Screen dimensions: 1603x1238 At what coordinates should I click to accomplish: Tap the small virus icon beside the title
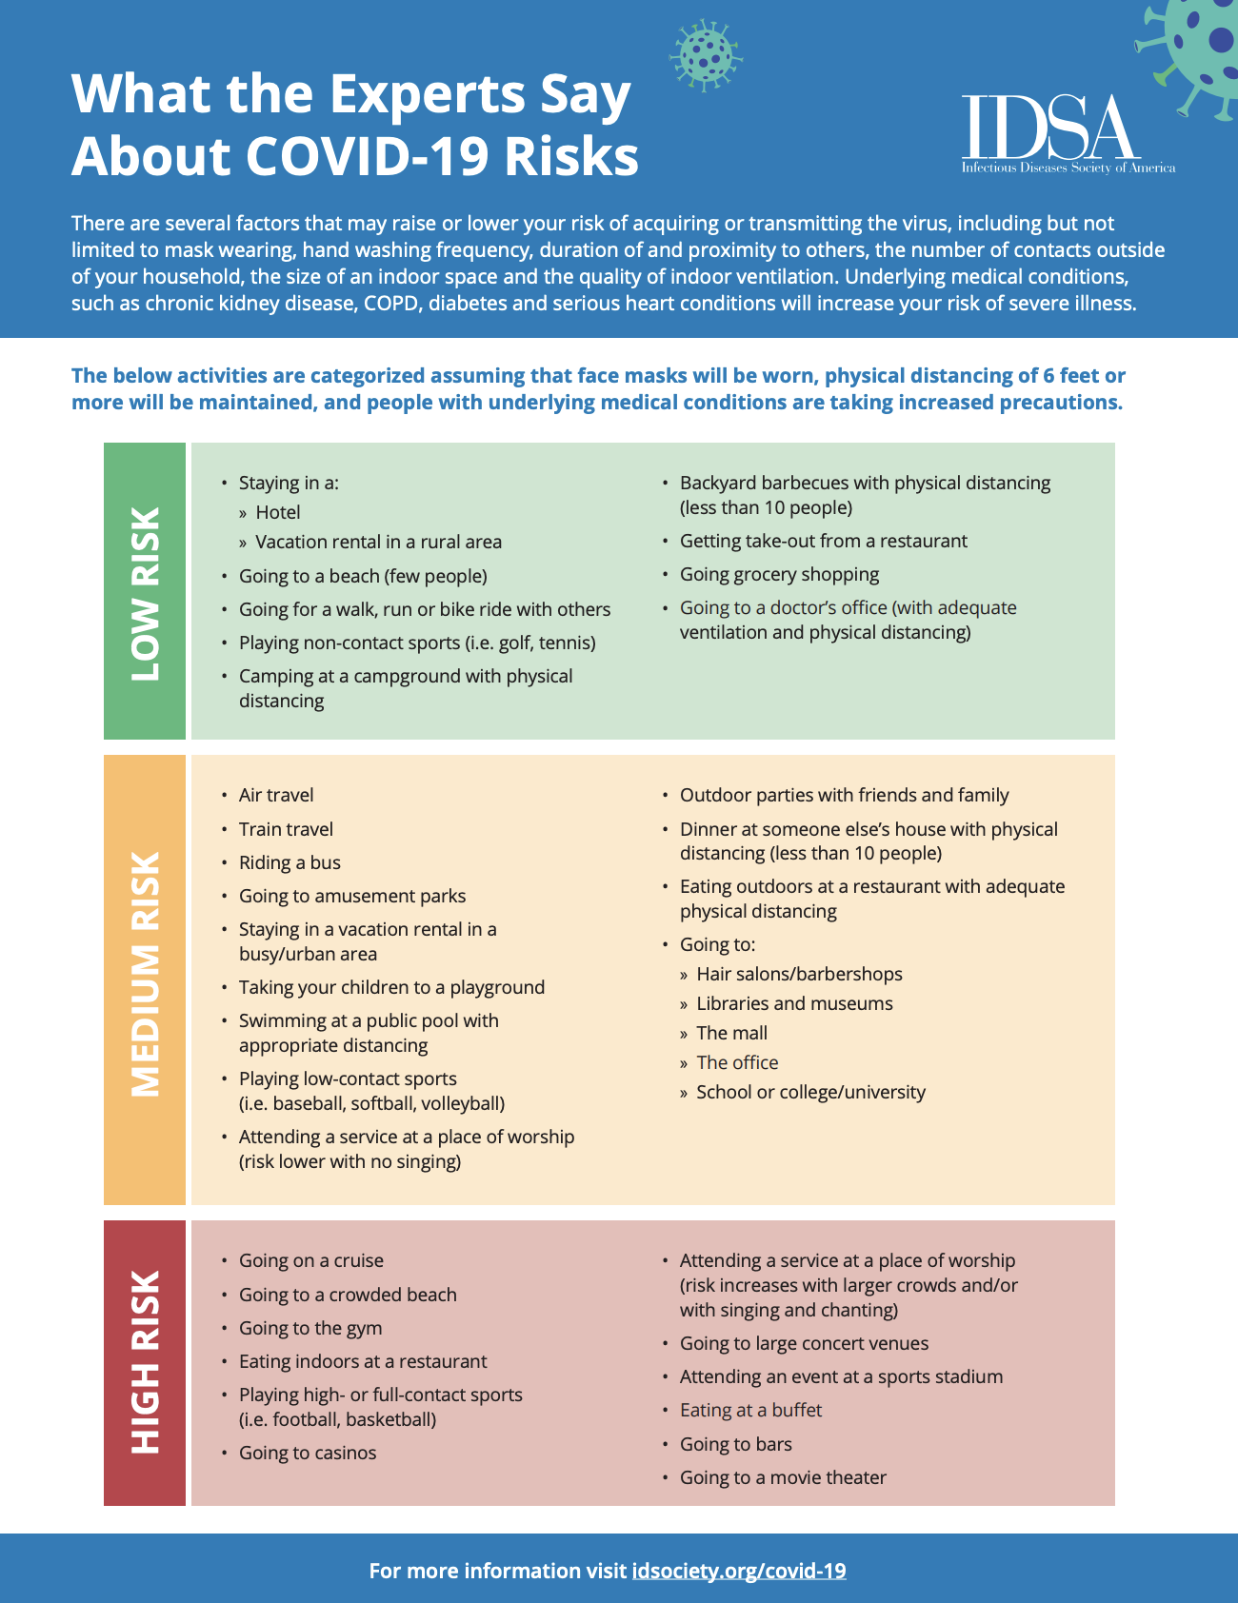705,55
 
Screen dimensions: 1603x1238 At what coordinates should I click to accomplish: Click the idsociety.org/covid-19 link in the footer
738,1571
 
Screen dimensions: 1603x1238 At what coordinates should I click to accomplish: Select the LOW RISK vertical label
145,591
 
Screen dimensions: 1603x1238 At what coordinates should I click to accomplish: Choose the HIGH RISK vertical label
145,1362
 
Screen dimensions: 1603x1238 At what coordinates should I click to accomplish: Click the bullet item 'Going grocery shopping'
779,574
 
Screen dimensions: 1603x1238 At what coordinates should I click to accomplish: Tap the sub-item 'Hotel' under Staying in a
277,512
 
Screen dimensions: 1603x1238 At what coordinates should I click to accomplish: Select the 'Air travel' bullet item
276,795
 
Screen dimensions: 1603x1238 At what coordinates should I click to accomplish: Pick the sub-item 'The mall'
731,1033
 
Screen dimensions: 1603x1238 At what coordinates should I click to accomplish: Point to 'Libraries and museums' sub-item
794,1003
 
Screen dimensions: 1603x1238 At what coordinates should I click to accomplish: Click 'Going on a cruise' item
310,1260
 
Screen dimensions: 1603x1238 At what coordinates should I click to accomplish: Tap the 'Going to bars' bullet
735,1444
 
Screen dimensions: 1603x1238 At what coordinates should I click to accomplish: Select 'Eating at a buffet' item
750,1410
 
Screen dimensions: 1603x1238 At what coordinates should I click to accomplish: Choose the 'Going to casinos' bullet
308,1453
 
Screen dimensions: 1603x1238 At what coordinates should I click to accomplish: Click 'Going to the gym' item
310,1328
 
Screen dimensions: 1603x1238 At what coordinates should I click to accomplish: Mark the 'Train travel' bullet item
286,829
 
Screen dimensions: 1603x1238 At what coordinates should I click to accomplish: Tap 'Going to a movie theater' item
783,1477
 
